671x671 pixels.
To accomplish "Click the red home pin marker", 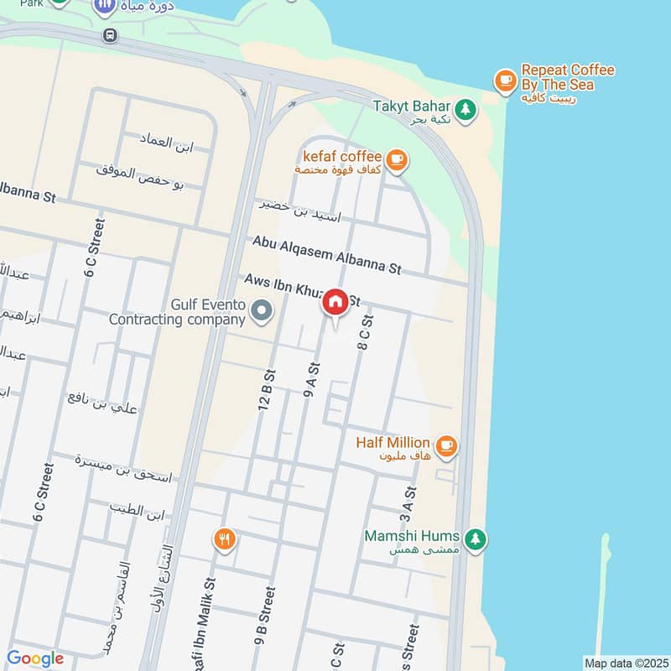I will (335, 303).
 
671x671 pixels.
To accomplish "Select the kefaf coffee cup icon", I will (396, 158).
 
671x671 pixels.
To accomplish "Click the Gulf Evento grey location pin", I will (263, 312).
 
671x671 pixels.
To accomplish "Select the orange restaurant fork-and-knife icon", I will (223, 539).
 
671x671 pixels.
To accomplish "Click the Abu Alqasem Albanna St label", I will (327, 254).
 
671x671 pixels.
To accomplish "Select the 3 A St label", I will (408, 504).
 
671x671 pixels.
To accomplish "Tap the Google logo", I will (35, 659).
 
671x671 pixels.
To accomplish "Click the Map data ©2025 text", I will (624, 663).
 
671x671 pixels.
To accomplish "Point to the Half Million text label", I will (393, 442).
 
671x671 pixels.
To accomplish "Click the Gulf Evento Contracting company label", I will (178, 312).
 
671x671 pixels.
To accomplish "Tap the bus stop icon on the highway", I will (109, 35).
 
